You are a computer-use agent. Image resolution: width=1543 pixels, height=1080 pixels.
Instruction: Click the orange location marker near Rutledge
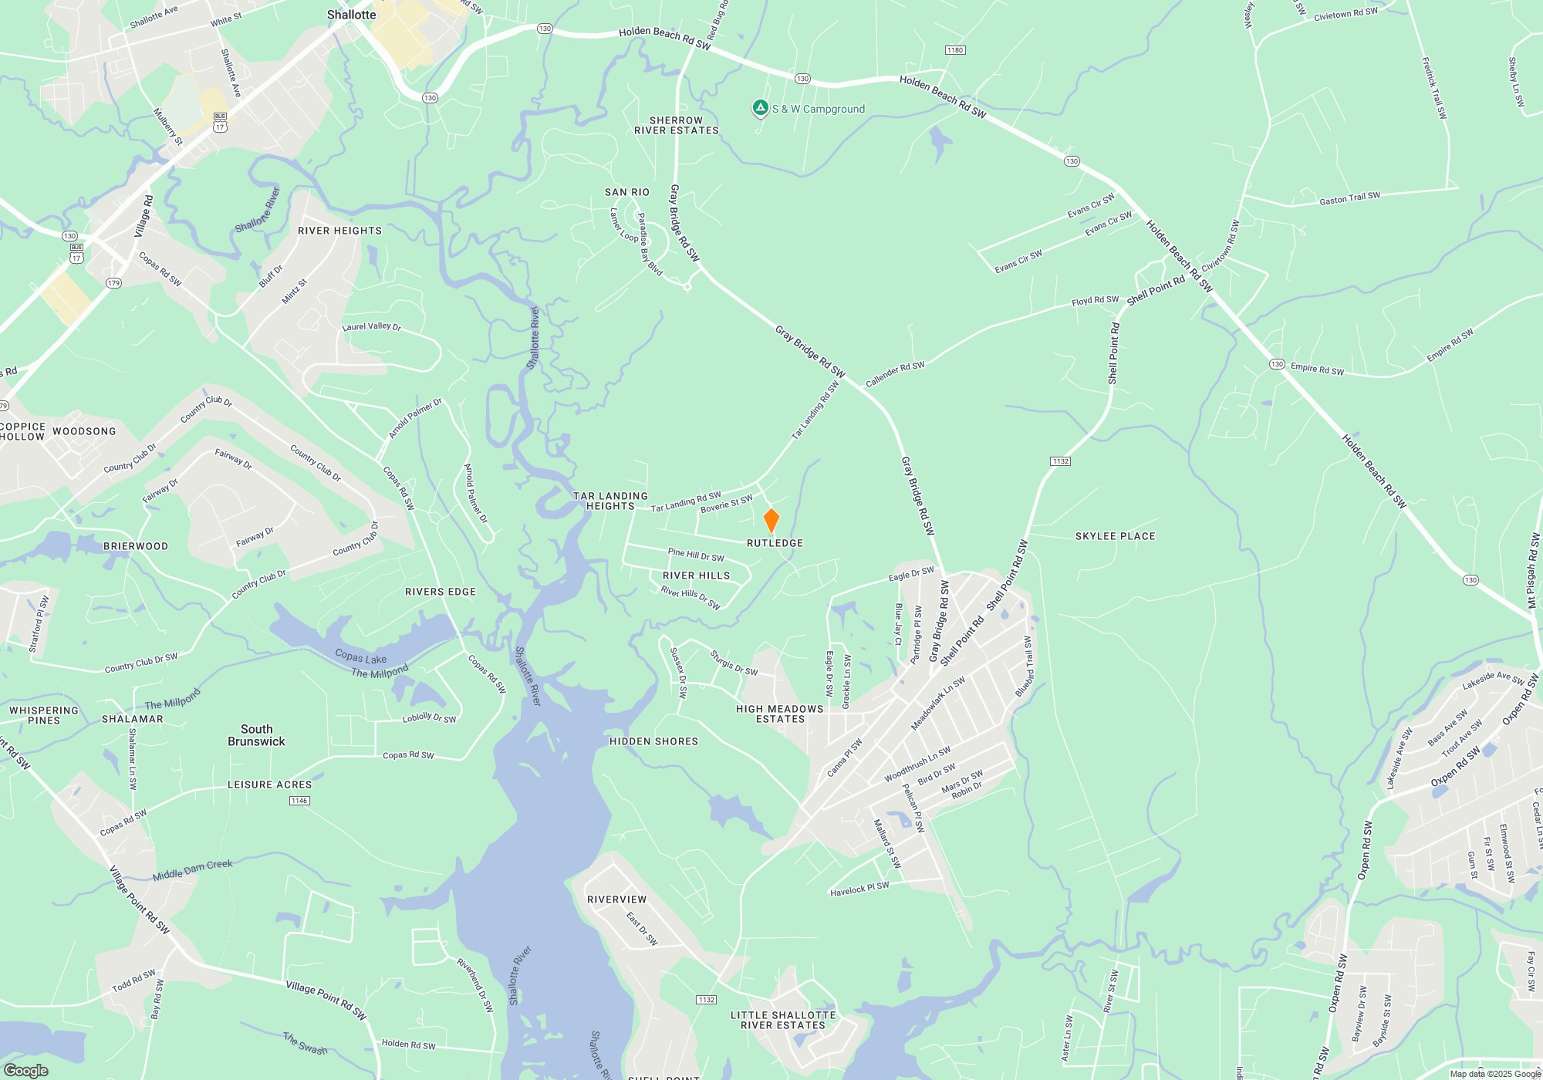pyautogui.click(x=771, y=520)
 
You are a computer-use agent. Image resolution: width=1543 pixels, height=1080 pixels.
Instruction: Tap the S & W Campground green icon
pyautogui.click(x=760, y=109)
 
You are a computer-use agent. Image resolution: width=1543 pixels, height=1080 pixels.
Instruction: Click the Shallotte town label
pyautogui.click(x=351, y=15)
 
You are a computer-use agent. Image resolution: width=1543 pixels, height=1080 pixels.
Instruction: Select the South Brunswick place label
pyautogui.click(x=256, y=735)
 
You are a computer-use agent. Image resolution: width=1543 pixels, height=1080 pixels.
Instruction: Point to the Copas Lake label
pyautogui.click(x=360, y=657)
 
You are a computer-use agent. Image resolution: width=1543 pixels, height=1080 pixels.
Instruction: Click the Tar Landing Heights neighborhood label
pyautogui.click(x=610, y=501)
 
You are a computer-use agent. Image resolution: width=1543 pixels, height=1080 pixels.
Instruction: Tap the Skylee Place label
pyautogui.click(x=1115, y=536)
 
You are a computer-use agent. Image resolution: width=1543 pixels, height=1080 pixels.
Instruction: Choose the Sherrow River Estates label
pyautogui.click(x=676, y=126)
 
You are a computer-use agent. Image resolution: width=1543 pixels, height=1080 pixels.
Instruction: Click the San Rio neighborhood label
pyautogui.click(x=626, y=192)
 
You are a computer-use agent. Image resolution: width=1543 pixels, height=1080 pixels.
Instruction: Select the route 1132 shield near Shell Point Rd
pyautogui.click(x=1060, y=461)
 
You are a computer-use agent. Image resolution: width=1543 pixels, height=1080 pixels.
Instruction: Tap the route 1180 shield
pyautogui.click(x=955, y=50)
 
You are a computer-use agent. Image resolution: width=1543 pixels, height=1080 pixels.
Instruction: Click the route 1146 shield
pyautogui.click(x=299, y=801)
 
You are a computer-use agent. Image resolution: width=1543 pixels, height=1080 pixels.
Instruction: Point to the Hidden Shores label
pyautogui.click(x=653, y=741)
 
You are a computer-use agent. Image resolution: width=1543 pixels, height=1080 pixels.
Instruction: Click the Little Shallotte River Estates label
pyautogui.click(x=783, y=1021)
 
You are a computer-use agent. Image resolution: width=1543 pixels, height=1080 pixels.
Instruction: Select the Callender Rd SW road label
pyautogui.click(x=895, y=375)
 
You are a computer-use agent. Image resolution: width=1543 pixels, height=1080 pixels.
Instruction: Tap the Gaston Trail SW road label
pyautogui.click(x=1349, y=199)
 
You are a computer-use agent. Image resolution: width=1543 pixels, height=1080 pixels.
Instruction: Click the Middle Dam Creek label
pyautogui.click(x=192, y=870)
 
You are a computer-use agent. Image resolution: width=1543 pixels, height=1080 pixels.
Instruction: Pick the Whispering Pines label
pyautogui.click(x=44, y=715)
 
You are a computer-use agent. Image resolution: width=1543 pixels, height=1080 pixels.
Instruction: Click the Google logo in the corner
pyautogui.click(x=26, y=1070)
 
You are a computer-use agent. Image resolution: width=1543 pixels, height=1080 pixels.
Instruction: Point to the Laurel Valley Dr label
pyautogui.click(x=372, y=327)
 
